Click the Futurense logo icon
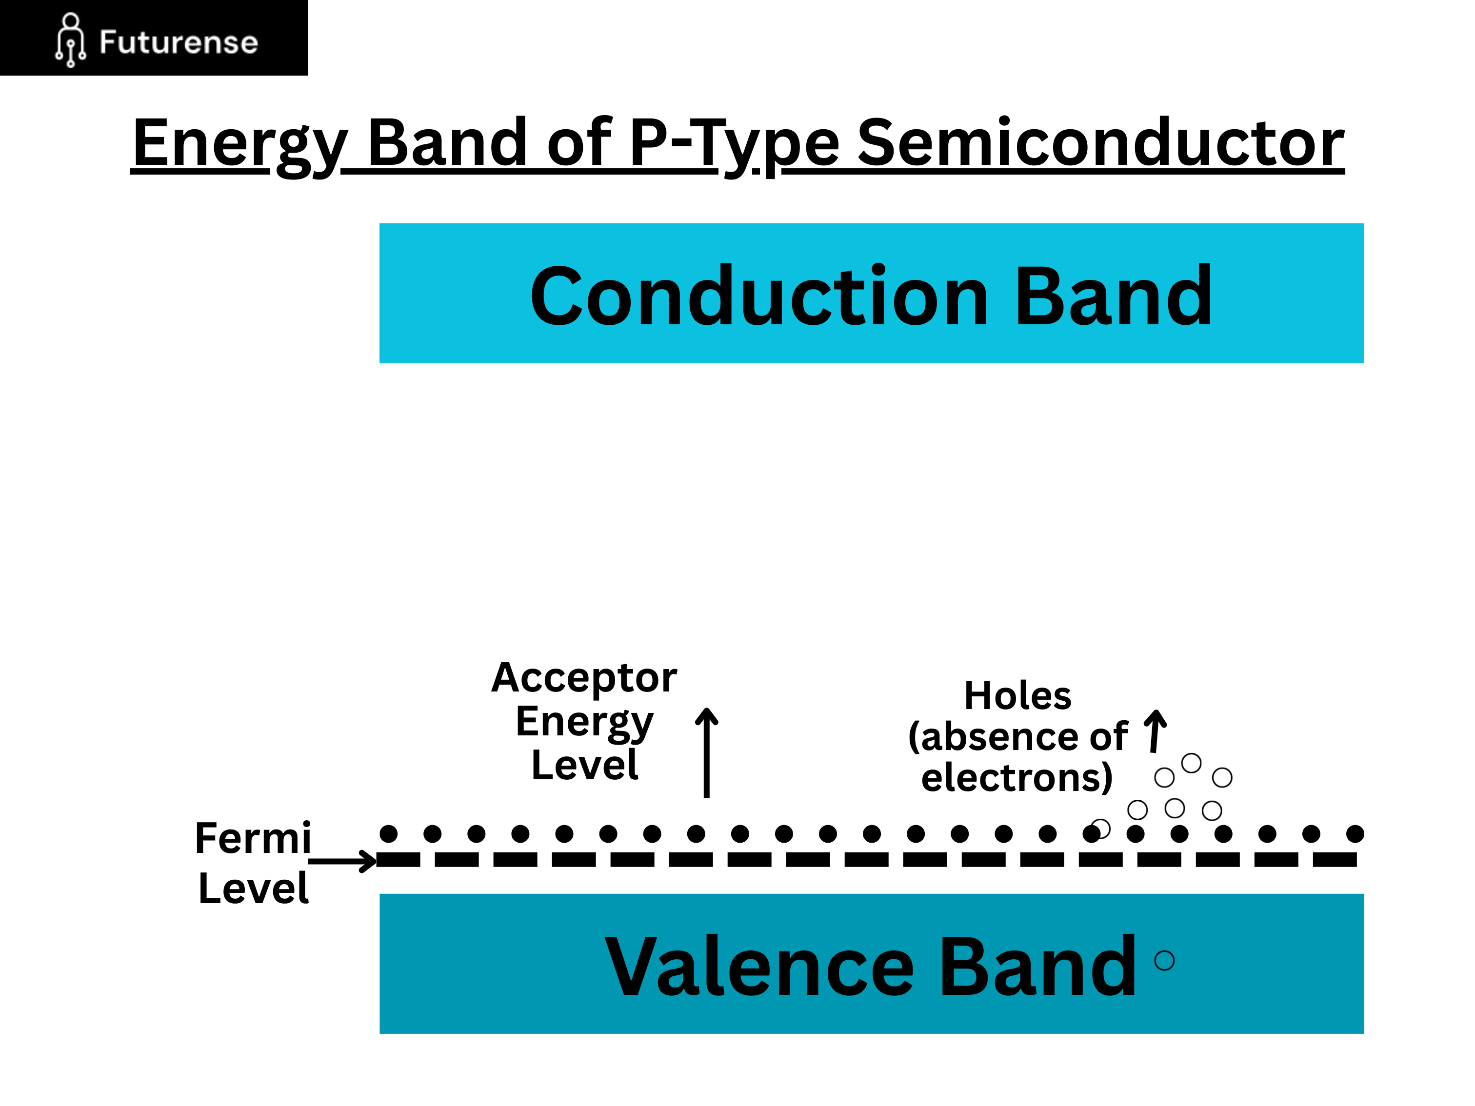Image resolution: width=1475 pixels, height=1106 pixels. (x=70, y=40)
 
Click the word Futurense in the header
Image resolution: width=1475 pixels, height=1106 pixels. (x=178, y=42)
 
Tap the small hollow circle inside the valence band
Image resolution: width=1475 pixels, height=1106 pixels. (x=1164, y=961)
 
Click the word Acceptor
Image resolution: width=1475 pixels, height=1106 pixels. (x=584, y=677)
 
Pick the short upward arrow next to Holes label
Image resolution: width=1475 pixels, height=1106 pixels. (x=1156, y=731)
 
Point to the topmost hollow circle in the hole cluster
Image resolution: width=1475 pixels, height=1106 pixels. (x=1191, y=763)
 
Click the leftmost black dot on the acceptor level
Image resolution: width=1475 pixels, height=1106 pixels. (x=388, y=833)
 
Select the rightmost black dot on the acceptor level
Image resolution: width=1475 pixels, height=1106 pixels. (x=1355, y=833)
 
